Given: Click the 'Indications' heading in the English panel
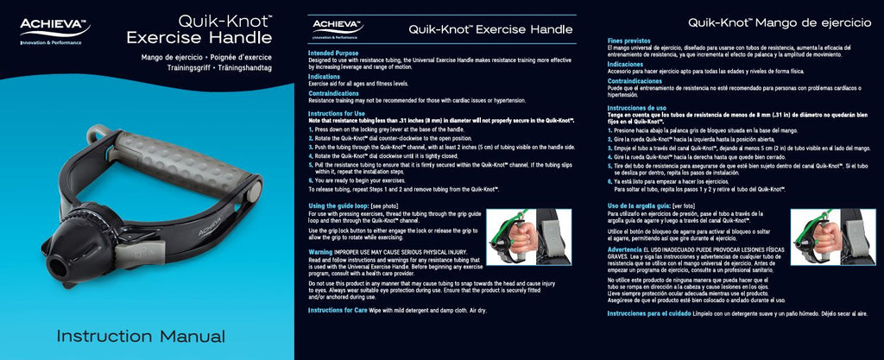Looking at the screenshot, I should (325, 77).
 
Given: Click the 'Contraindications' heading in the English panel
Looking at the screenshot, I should (334, 93).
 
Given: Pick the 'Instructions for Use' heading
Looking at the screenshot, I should (338, 114).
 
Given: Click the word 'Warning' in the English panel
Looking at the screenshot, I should (321, 251).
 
